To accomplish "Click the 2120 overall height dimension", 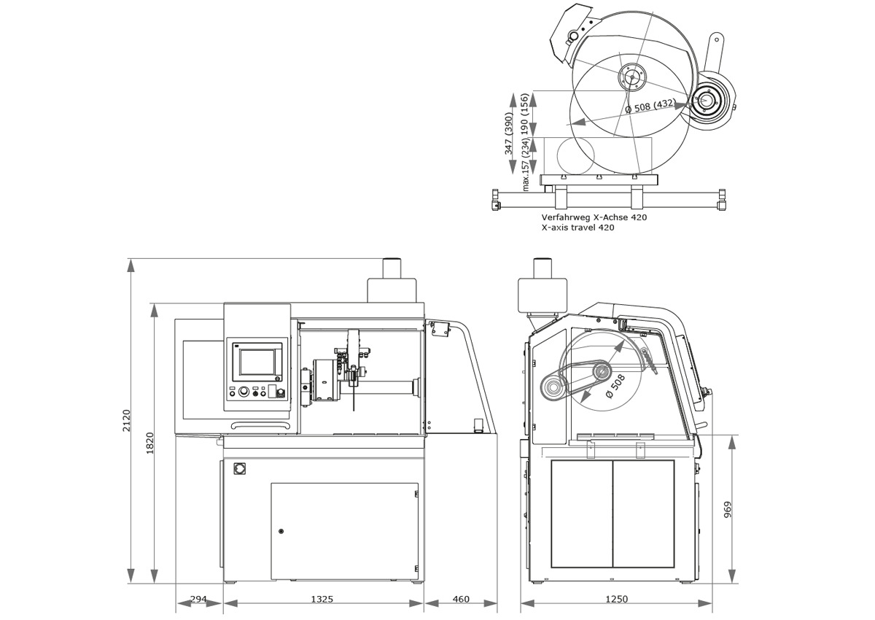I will click(x=126, y=421).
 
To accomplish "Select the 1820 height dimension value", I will click(x=150, y=443).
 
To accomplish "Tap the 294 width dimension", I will click(x=198, y=599).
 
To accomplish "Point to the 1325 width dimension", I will click(x=322, y=599).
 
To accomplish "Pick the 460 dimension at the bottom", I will click(x=461, y=599).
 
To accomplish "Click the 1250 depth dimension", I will click(x=617, y=599).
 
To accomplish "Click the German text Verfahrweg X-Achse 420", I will click(x=594, y=217).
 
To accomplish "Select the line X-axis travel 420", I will click(x=577, y=228).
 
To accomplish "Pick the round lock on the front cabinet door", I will click(x=281, y=531).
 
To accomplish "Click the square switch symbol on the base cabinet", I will click(x=238, y=468).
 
